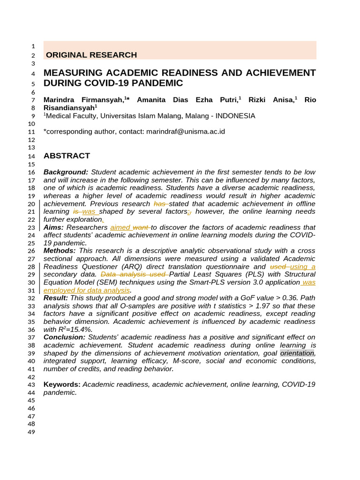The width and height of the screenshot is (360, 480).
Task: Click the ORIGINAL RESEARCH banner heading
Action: tap(91, 55)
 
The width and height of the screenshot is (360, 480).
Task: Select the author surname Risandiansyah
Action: tap(69, 107)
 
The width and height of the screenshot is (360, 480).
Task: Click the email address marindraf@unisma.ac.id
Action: tap(186, 132)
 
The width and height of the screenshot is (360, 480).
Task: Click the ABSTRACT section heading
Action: tap(67, 156)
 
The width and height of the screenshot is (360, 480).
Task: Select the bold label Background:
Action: tap(66, 172)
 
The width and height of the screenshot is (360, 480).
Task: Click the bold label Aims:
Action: tap(53, 227)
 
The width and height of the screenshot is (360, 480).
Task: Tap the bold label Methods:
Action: tap(60, 251)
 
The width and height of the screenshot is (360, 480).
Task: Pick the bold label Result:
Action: tap(56, 298)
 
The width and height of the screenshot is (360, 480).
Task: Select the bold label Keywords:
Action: tap(62, 384)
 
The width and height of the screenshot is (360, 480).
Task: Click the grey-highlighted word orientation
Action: tap(297, 353)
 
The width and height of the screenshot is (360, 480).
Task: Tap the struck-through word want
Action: tap(141, 227)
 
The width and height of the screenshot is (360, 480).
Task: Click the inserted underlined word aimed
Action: tap(120, 227)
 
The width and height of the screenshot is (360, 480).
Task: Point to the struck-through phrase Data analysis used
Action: tap(134, 274)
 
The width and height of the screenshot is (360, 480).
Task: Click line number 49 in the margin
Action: tap(32, 432)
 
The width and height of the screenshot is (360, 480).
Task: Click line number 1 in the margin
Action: tap(33, 46)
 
